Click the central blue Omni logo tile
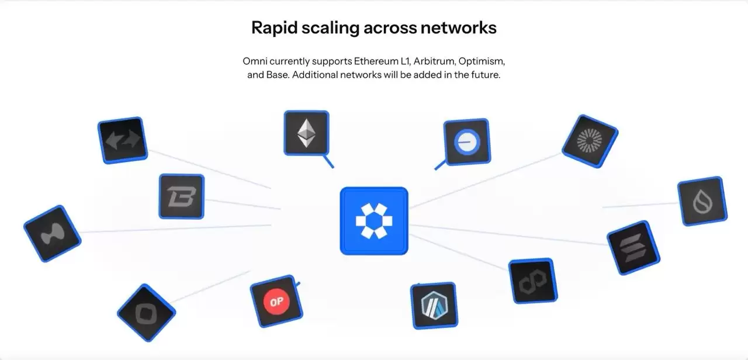pyautogui.click(x=374, y=221)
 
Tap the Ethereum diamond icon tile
pyautogui.click(x=306, y=133)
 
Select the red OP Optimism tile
pyautogui.click(x=276, y=302)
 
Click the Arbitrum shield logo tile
pyautogui.click(x=434, y=306)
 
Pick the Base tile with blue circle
pyautogui.click(x=467, y=141)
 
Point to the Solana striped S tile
pyautogui.click(x=629, y=247)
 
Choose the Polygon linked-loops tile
pyautogui.click(x=532, y=281)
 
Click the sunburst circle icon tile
pyautogui.click(x=590, y=141)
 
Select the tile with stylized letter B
pyautogui.click(x=181, y=196)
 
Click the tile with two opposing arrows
pyautogui.click(x=122, y=140)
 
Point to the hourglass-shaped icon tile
pyautogui.click(x=52, y=233)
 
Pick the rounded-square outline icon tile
pyautogui.click(x=146, y=313)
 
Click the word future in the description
pyautogui.click(x=486, y=76)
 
